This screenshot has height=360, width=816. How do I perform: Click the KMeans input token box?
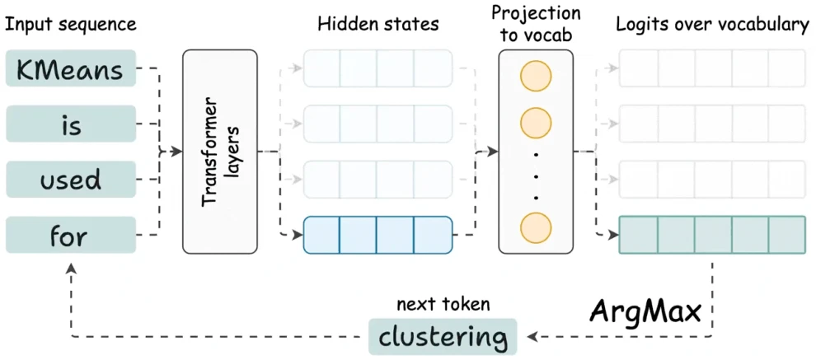pyautogui.click(x=71, y=68)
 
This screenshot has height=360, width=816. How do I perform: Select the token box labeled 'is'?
pyautogui.click(x=71, y=124)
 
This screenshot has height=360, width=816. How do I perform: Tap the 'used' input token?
pyautogui.click(x=71, y=180)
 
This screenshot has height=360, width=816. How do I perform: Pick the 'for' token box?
pyautogui.click(x=71, y=235)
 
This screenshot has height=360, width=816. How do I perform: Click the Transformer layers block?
pyautogui.click(x=219, y=152)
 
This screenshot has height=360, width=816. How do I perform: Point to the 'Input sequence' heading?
pyautogui.click(x=71, y=25)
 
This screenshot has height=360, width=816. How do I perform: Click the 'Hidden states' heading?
pyautogui.click(x=378, y=24)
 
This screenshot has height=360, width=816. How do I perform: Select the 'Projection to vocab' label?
pyautogui.click(x=536, y=23)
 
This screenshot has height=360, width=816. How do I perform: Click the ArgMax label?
pyautogui.click(x=645, y=311)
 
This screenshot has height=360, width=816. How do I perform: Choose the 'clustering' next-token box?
pyautogui.click(x=443, y=337)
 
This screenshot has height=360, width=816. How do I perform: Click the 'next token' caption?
pyautogui.click(x=443, y=305)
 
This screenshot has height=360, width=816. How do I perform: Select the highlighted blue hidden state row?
pyautogui.click(x=378, y=235)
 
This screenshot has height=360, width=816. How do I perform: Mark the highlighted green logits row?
pyautogui.click(x=712, y=235)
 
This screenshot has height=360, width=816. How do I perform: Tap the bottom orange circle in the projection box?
pyautogui.click(x=536, y=228)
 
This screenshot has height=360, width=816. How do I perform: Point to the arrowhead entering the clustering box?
pyautogui.click(x=532, y=337)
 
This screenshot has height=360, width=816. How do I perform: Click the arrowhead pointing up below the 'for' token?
pyautogui.click(x=71, y=269)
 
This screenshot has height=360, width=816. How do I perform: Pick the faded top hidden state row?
pyautogui.click(x=378, y=68)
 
